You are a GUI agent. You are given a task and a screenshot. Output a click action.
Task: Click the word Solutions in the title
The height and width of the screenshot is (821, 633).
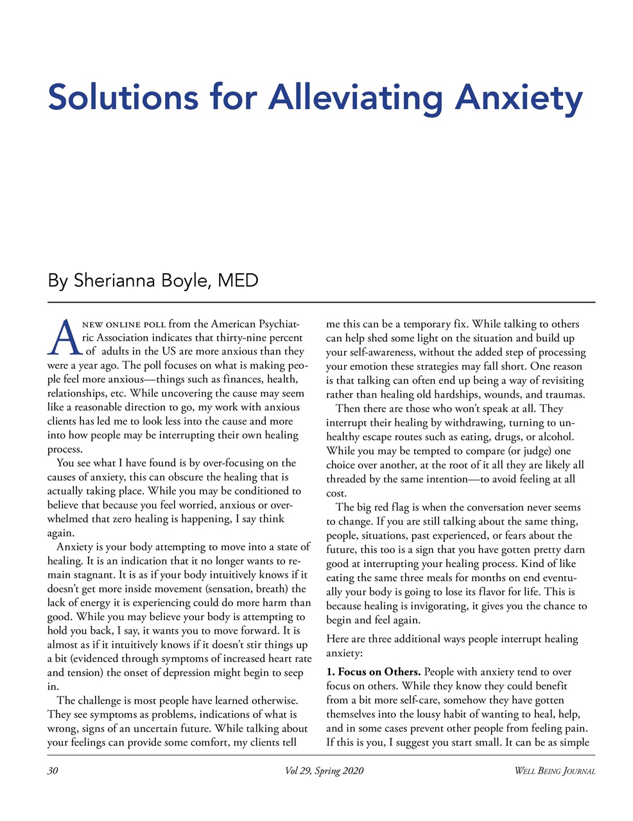pos(123,97)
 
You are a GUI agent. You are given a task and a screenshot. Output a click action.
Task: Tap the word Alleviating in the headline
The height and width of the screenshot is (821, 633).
pos(356,97)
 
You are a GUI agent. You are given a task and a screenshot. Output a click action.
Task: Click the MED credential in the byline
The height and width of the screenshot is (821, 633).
pos(238,281)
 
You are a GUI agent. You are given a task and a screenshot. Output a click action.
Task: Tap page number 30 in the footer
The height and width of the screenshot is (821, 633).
pos(53,770)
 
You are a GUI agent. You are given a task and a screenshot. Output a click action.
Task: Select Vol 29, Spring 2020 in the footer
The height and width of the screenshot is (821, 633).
pos(324,770)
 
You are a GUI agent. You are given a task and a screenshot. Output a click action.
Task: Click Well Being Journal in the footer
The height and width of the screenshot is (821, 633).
pos(555,770)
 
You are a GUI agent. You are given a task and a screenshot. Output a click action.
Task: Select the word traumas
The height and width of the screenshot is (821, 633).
pos(563,394)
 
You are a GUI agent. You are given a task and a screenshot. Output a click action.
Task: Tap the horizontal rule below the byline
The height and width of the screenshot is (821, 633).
pos(321,301)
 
